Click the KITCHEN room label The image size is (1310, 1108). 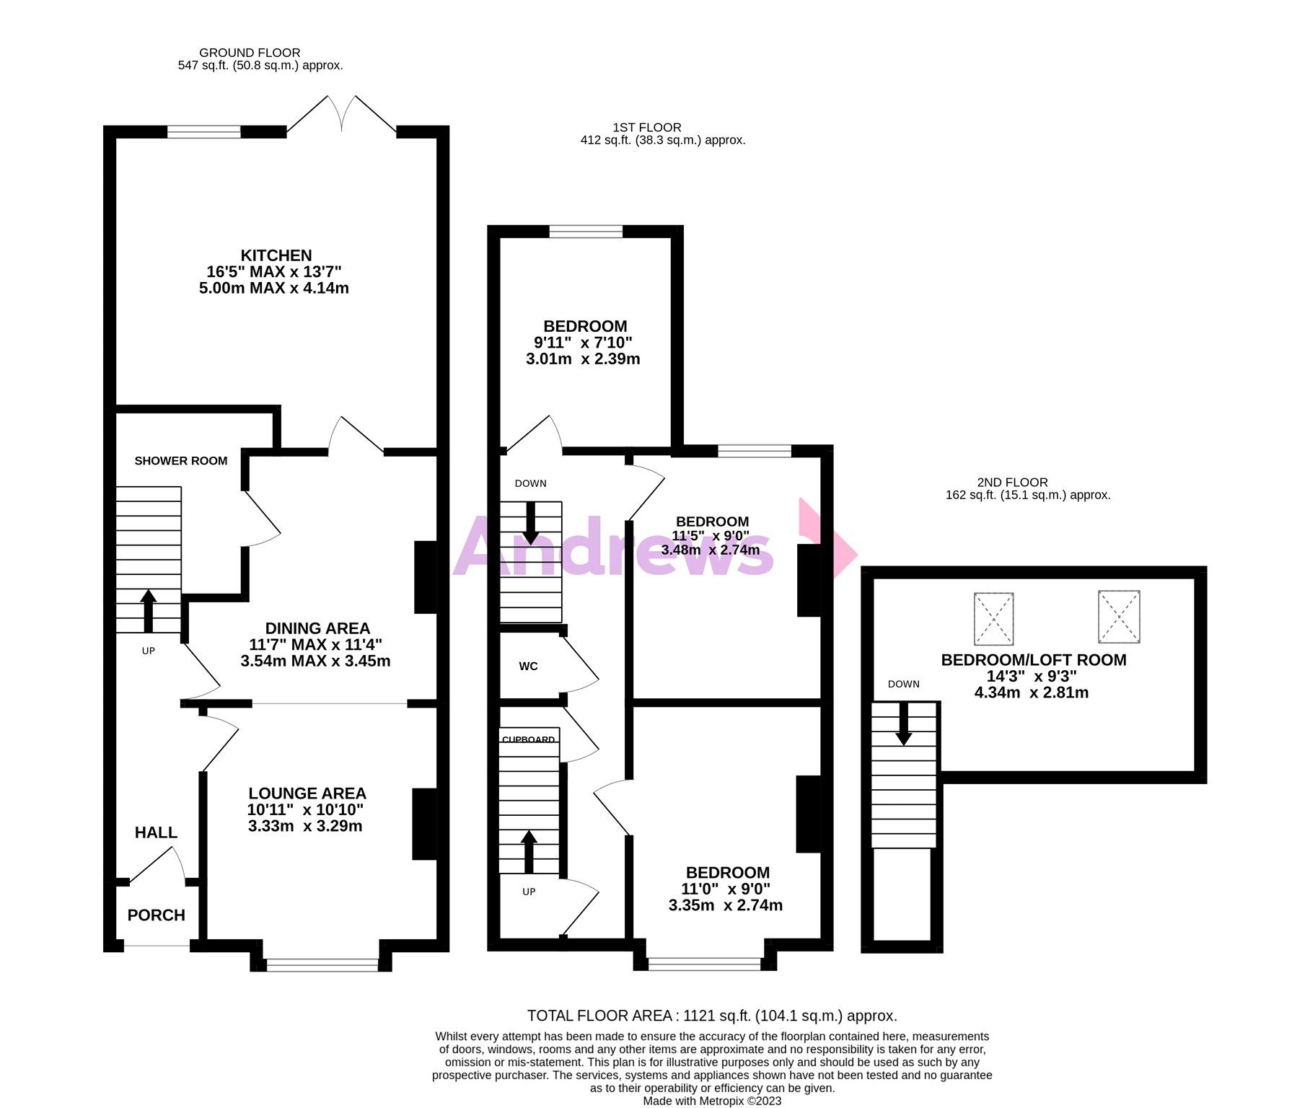point(276,255)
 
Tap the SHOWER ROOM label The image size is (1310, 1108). point(180,461)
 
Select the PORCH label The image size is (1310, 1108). point(156,915)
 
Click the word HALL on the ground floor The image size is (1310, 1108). point(156,832)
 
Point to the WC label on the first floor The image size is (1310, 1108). point(528,667)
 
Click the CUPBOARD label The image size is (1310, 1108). point(528,739)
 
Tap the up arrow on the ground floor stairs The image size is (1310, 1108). point(148,610)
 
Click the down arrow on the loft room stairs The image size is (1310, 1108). point(903,725)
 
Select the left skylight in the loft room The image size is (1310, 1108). point(993,618)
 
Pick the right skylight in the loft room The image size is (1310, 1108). point(1118,617)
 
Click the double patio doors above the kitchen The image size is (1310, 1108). point(342,115)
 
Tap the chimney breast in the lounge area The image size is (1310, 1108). point(424,824)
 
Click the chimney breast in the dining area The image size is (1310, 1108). point(426,577)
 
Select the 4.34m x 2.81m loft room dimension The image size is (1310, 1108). point(1031,693)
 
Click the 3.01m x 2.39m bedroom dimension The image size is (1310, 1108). point(582,359)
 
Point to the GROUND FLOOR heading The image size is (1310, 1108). point(250,53)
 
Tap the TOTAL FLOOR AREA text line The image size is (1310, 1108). point(711,1016)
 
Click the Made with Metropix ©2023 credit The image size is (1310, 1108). point(711,1101)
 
